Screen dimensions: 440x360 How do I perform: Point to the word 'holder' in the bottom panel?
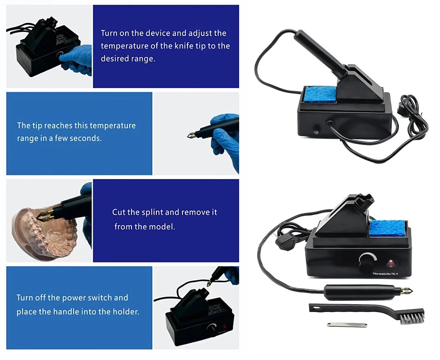(126, 312)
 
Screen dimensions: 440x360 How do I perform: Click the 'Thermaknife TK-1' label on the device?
(385, 274)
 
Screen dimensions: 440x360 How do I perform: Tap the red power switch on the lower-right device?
(391, 263)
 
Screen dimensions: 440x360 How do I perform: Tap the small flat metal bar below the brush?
(347, 325)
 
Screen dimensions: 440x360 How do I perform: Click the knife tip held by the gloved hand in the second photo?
(193, 135)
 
